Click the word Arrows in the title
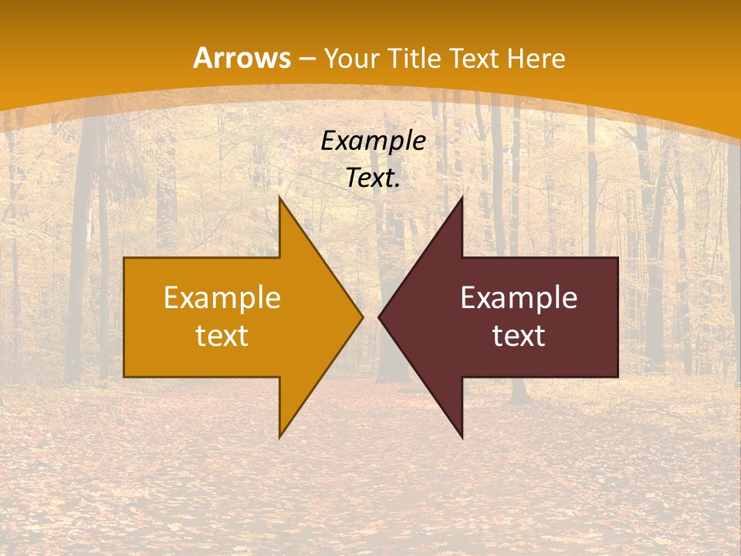pyautogui.click(x=242, y=59)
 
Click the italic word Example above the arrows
pyautogui.click(x=373, y=141)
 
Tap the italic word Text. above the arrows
pyautogui.click(x=373, y=178)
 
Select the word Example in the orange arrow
pyautogui.click(x=222, y=298)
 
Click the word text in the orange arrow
pyautogui.click(x=222, y=335)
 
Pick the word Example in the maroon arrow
pyautogui.click(x=519, y=298)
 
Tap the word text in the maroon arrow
pyautogui.click(x=519, y=335)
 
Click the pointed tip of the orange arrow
pyautogui.click(x=362, y=317)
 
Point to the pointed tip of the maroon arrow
pyautogui.click(x=379, y=317)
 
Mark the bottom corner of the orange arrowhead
pyautogui.click(x=280, y=436)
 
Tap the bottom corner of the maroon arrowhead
pyautogui.click(x=462, y=436)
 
